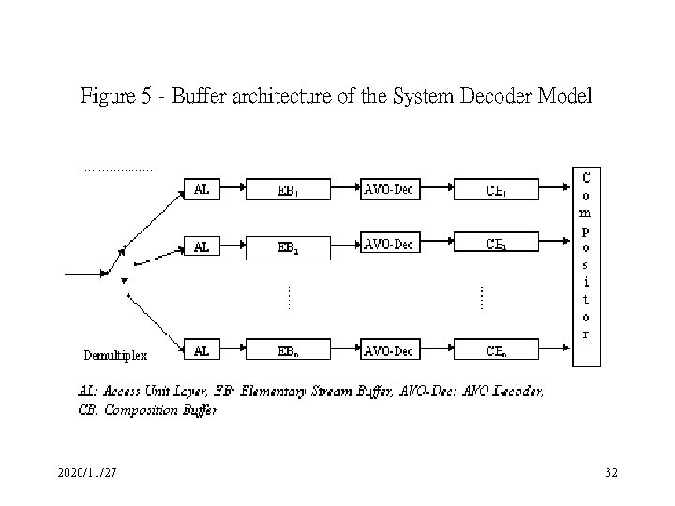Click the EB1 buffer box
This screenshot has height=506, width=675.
(x=287, y=190)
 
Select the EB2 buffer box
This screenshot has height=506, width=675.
(x=287, y=247)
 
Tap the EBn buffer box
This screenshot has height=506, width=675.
(x=287, y=352)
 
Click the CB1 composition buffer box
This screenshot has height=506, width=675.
(x=497, y=190)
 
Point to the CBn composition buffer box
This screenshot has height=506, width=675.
(x=497, y=352)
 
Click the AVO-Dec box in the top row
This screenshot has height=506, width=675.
(x=388, y=190)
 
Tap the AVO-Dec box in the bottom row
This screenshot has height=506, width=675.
(x=388, y=352)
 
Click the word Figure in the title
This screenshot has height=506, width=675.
(x=106, y=97)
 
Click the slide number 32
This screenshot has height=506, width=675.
(x=611, y=474)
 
